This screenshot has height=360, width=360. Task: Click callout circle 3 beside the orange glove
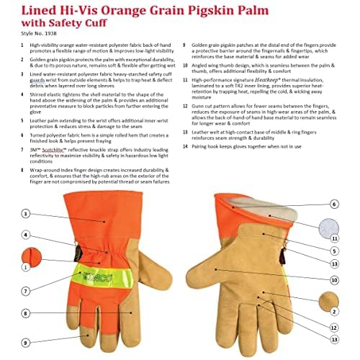tap(26, 213)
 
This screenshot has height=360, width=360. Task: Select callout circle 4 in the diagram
tap(26, 235)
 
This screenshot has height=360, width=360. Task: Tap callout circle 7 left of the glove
tap(26, 292)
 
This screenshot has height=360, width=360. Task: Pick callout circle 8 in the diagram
tap(26, 314)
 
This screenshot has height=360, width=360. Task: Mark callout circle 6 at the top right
tap(333, 184)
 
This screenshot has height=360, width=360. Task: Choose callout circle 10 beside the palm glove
tap(333, 279)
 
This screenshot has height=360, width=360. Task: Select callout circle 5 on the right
tap(333, 251)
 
